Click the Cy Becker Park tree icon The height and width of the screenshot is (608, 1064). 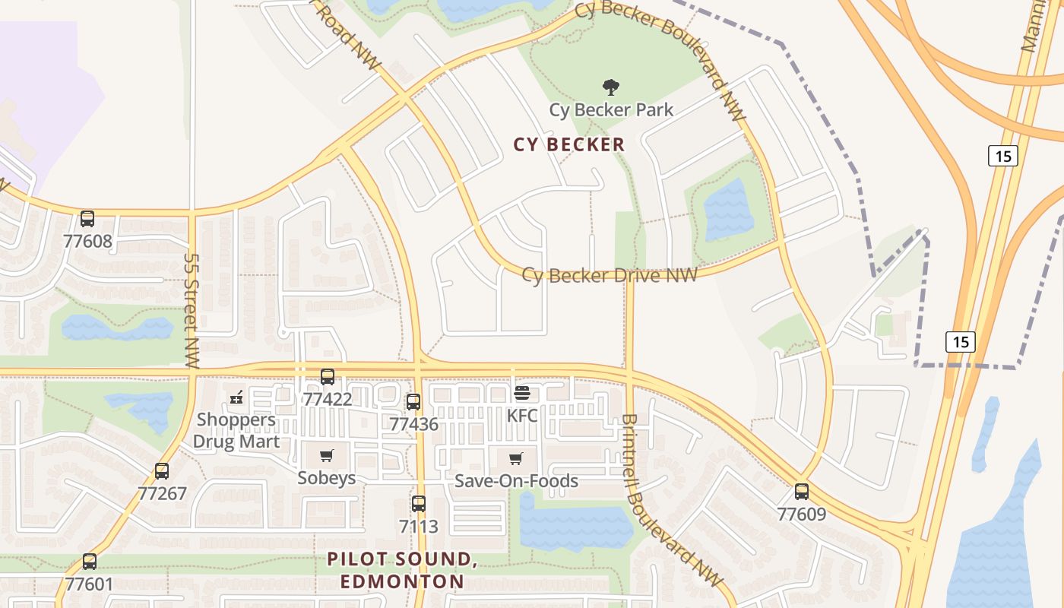click(x=610, y=87)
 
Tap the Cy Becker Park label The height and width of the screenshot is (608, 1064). click(x=611, y=110)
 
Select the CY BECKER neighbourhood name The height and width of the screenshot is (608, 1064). click(x=569, y=144)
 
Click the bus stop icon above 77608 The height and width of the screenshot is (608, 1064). click(x=87, y=219)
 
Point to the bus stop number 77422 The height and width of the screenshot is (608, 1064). click(x=328, y=399)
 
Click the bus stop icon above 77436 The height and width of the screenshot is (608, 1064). click(x=413, y=402)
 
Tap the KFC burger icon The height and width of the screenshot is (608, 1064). click(x=522, y=394)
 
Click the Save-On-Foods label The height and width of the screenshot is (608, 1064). click(x=516, y=481)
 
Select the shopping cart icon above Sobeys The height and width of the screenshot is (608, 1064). click(x=327, y=455)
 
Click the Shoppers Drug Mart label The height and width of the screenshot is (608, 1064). click(x=236, y=430)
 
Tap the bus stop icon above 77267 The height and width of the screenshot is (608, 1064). click(x=162, y=471)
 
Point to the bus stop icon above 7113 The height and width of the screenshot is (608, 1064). click(x=419, y=503)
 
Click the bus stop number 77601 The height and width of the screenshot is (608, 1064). click(x=89, y=584)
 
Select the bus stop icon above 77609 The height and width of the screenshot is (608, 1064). click(x=802, y=492)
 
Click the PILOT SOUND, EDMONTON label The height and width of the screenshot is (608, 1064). click(x=402, y=571)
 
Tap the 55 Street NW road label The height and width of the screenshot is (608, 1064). click(x=192, y=311)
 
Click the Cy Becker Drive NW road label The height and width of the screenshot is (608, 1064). click(x=610, y=275)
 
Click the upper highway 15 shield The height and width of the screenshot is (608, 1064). click(x=1003, y=156)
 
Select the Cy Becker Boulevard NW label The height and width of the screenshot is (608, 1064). click(x=661, y=57)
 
